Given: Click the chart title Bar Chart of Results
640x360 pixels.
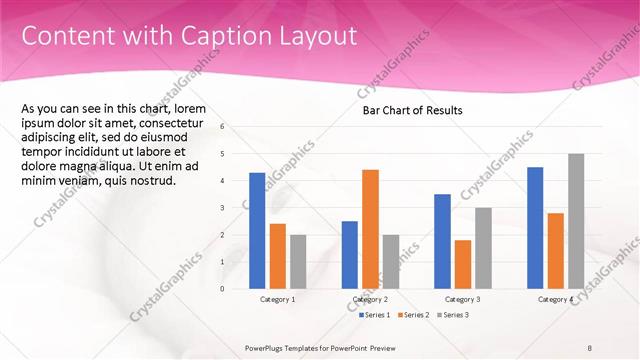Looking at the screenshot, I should (x=412, y=111).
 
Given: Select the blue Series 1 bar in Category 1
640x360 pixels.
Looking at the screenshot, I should (x=257, y=230).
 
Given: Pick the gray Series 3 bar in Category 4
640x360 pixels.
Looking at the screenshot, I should (x=576, y=221).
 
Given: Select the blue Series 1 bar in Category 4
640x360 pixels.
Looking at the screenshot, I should (x=535, y=227).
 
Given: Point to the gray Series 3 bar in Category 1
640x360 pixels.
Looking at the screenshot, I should (x=299, y=261).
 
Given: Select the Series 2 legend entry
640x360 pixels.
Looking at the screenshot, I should (x=414, y=315).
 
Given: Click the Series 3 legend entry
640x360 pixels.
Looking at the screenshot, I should (x=452, y=315).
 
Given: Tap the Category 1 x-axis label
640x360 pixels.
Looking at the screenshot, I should (x=277, y=299).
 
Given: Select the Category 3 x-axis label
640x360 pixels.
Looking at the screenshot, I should (x=462, y=299).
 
